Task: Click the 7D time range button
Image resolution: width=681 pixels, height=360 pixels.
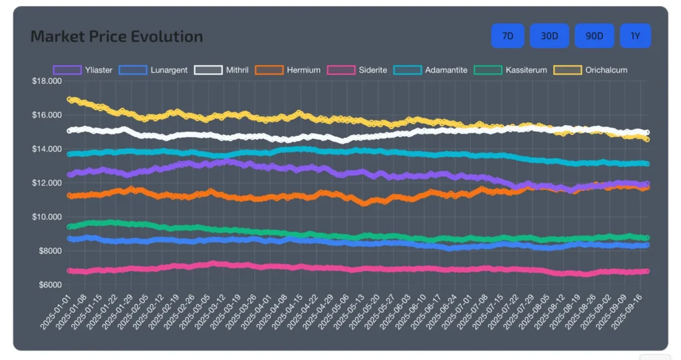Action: coord(507,36)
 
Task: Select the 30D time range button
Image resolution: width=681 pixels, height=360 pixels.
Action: coord(549,36)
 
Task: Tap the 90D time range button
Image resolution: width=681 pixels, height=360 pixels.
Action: coord(594,36)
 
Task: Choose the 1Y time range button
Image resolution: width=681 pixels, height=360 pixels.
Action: coord(635,36)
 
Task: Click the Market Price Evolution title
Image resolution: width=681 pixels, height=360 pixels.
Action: coord(116,37)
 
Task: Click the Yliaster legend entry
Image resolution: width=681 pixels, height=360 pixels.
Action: coord(83,70)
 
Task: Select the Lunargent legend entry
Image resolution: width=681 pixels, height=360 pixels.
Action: coord(154,70)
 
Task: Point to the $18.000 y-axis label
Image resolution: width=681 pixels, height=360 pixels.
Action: coord(47,81)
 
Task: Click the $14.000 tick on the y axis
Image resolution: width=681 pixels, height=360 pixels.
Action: coord(47,149)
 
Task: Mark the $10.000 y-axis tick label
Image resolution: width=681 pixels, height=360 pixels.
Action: coord(47,217)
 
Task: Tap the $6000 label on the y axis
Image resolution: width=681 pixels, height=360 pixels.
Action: coord(49,285)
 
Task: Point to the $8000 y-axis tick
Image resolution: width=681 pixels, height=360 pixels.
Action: coord(49,251)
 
